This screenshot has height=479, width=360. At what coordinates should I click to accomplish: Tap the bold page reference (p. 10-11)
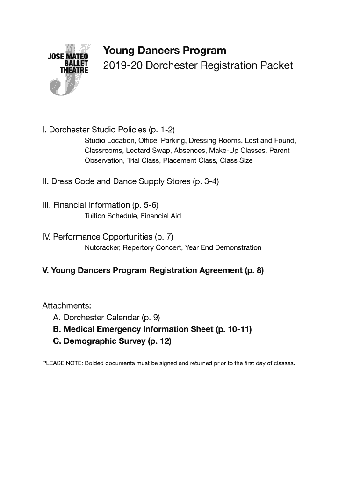234,330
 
